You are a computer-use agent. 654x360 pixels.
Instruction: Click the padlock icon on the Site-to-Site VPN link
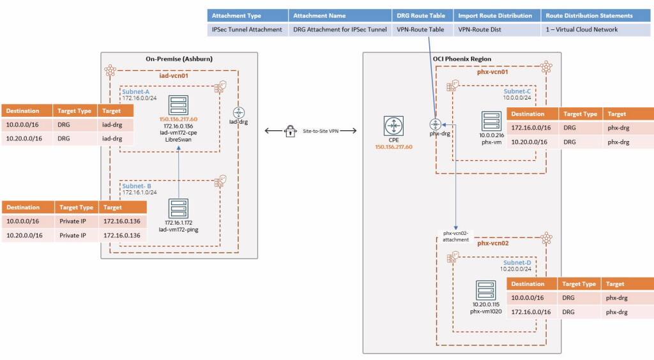point(291,131)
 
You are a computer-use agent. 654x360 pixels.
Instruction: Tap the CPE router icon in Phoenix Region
point(393,125)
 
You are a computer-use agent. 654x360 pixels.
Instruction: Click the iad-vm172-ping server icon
point(178,209)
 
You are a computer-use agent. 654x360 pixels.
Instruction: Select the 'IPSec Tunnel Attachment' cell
point(247,29)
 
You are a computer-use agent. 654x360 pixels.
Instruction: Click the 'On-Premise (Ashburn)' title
point(179,59)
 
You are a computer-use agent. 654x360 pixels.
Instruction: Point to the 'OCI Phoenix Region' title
point(462,59)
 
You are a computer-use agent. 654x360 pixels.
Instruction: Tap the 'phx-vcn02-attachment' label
point(456,236)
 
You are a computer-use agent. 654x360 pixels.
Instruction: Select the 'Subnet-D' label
point(517,262)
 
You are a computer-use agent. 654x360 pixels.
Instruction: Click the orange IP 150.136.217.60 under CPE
point(393,147)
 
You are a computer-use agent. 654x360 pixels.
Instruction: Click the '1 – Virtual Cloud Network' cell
point(581,29)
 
